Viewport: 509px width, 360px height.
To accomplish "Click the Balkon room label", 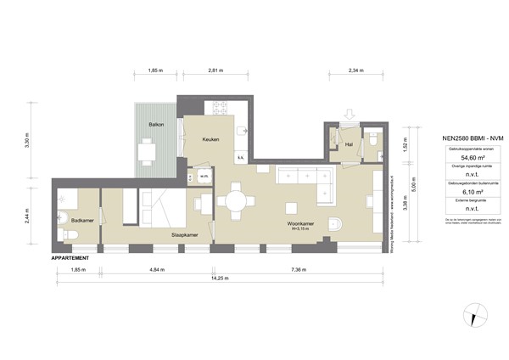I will (156, 124).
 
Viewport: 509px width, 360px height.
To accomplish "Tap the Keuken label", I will (211, 140).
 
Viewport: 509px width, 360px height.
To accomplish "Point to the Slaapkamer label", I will (185, 234).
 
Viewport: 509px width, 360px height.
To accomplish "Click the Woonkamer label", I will (298, 224).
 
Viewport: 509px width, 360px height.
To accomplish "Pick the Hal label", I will (348, 143).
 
